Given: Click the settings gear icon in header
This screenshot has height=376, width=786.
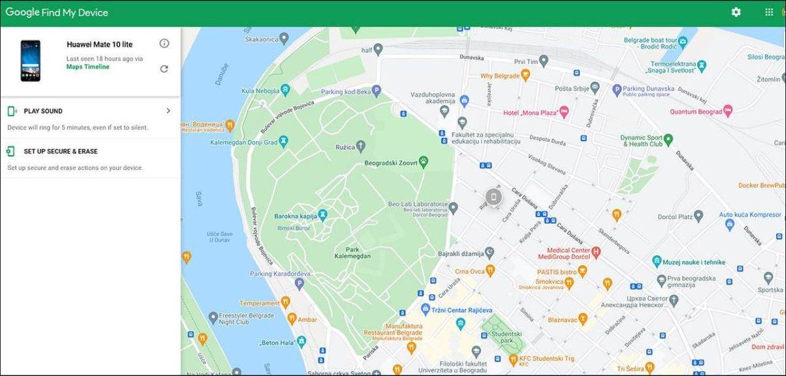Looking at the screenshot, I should (x=736, y=12).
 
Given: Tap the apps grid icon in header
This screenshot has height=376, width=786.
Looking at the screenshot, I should (x=769, y=12).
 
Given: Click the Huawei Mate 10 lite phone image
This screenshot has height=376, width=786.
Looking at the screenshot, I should (x=30, y=61).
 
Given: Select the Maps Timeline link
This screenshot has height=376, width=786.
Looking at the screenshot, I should (x=88, y=67).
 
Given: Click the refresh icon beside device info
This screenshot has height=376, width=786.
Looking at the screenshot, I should (x=164, y=69).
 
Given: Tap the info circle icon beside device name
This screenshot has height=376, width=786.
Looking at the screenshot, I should (x=164, y=44).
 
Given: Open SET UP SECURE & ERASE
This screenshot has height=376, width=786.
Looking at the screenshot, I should (x=60, y=152).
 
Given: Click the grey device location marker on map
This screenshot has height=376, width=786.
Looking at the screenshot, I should (x=493, y=196).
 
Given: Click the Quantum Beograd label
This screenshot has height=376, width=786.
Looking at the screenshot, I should (x=695, y=112).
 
